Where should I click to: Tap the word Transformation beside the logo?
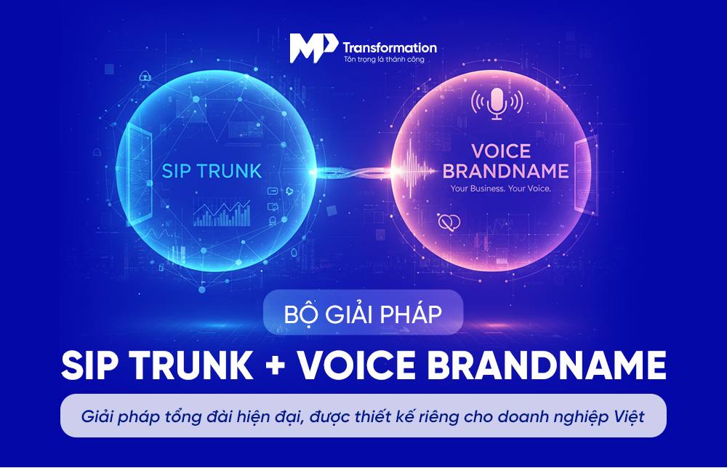pyautogui.click(x=390, y=47)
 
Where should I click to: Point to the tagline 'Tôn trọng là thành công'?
pyautogui.click(x=384, y=60)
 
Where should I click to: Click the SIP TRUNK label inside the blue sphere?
pyautogui.click(x=212, y=171)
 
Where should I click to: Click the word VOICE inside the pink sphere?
pyautogui.click(x=501, y=151)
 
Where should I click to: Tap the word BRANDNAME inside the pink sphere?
pyautogui.click(x=505, y=171)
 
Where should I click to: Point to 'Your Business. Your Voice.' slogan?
pyautogui.click(x=501, y=189)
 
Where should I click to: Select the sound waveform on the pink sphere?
pyautogui.click(x=415, y=170)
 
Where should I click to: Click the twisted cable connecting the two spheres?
pyautogui.click(x=353, y=172)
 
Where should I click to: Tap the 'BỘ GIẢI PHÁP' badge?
pyautogui.click(x=363, y=312)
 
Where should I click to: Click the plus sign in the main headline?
pyautogui.click(x=276, y=365)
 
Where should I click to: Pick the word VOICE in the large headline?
pyautogui.click(x=356, y=365)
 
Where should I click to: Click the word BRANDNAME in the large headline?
pyautogui.click(x=546, y=365)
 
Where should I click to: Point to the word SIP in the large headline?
pyautogui.click(x=90, y=365)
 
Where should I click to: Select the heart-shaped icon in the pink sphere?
pyautogui.click(x=449, y=223)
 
